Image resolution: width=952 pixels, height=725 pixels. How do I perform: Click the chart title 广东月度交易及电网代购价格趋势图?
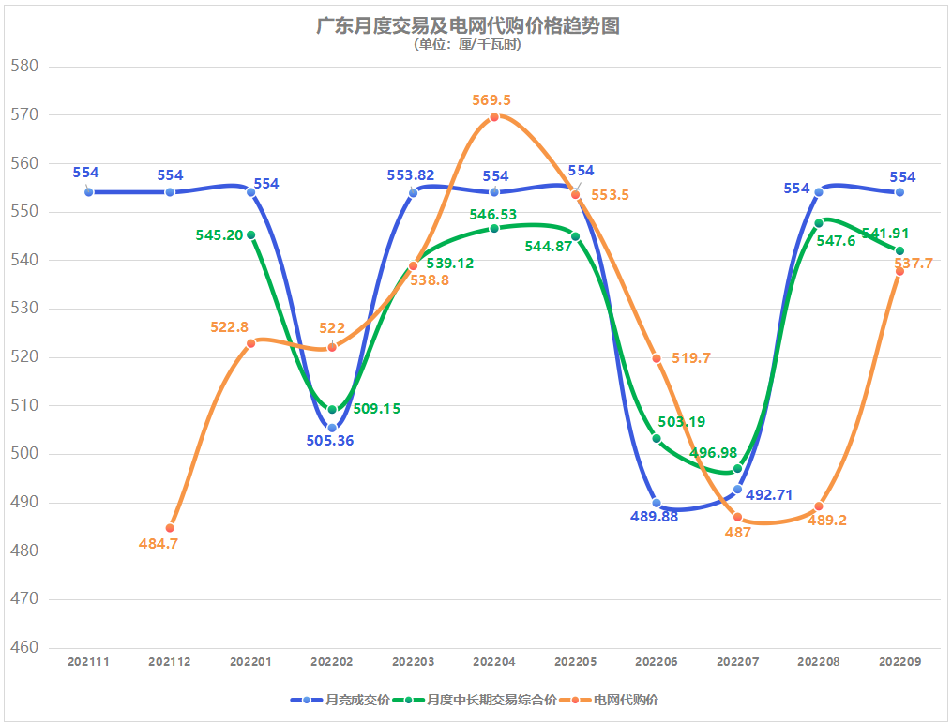(468, 25)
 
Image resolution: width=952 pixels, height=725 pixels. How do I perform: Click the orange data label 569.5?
(492, 100)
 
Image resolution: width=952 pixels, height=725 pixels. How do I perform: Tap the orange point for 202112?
(170, 528)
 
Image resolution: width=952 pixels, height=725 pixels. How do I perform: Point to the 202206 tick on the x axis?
(657, 661)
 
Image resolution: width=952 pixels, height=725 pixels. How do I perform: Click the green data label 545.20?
(220, 235)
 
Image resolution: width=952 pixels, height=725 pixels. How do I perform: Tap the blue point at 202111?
(89, 192)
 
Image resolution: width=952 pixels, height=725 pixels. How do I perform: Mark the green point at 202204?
(494, 228)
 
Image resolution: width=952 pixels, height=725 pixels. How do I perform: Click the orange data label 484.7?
(158, 544)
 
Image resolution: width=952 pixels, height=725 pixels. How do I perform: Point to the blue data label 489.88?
(654, 517)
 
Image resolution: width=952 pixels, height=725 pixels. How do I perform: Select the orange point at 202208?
(819, 506)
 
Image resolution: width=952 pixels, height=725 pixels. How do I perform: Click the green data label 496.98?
(714, 453)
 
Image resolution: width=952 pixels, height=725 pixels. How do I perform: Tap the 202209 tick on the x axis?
(899, 661)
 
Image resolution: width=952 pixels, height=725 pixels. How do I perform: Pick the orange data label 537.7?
(914, 264)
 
